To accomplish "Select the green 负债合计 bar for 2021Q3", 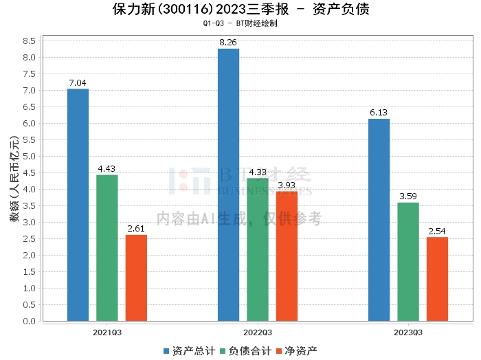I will click(x=107, y=248).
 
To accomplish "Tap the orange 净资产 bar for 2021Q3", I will click(x=136, y=278).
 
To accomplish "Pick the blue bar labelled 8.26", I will click(x=228, y=185).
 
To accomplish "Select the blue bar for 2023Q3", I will click(x=379, y=220).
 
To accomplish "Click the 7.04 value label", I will click(x=78, y=83).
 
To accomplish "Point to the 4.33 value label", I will click(x=258, y=172).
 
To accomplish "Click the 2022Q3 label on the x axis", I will click(x=258, y=333).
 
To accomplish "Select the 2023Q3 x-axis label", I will click(x=408, y=333).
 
